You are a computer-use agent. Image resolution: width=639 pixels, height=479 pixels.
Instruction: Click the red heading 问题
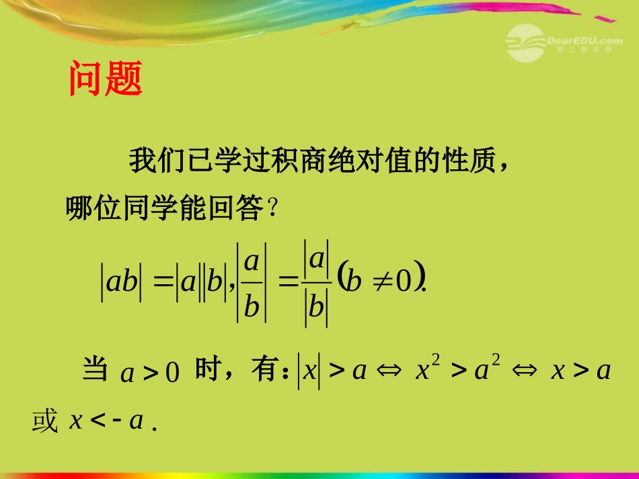(x=106, y=79)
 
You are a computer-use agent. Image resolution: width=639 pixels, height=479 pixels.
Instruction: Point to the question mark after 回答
(x=272, y=209)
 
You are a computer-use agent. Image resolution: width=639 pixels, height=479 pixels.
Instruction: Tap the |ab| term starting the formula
(x=122, y=282)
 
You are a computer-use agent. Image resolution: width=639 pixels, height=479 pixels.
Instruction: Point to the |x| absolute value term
(x=309, y=371)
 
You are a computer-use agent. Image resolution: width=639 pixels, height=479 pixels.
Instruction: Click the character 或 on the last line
(x=46, y=421)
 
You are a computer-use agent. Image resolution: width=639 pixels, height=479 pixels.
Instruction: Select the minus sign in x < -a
(x=118, y=421)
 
